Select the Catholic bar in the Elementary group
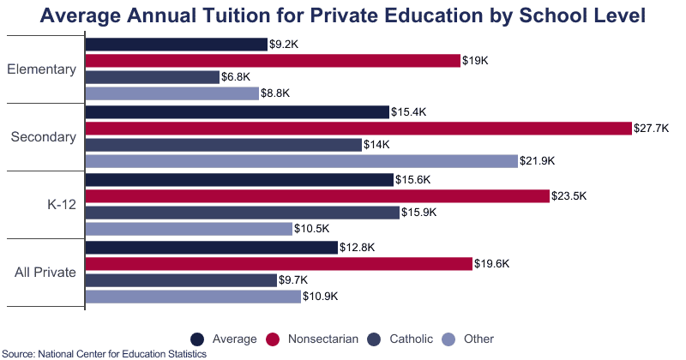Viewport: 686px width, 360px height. pyautogui.click(x=153, y=77)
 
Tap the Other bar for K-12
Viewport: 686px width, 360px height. pyautogui.click(x=189, y=229)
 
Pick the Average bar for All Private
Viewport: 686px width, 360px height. pyautogui.click(x=212, y=248)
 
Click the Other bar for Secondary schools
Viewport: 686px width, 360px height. pyautogui.click(x=302, y=161)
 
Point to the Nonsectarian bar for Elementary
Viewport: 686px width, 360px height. pyautogui.click(x=273, y=61)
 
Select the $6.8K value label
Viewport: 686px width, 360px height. pyautogui.click(x=236, y=77)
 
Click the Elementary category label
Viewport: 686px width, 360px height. pyautogui.click(x=41, y=69)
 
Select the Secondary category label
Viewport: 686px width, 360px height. pyautogui.click(x=44, y=137)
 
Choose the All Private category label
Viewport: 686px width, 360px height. pyautogui.click(x=45, y=273)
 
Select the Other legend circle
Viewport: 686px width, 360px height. pyautogui.click(x=447, y=339)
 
